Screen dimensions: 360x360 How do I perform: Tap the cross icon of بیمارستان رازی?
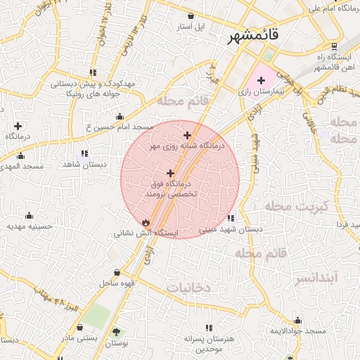261,81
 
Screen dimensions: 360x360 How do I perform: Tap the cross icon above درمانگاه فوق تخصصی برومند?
170,172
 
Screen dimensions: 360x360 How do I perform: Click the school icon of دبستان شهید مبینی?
231,218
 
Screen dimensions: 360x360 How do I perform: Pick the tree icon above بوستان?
115,332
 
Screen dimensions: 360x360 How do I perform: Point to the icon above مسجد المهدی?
20,156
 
